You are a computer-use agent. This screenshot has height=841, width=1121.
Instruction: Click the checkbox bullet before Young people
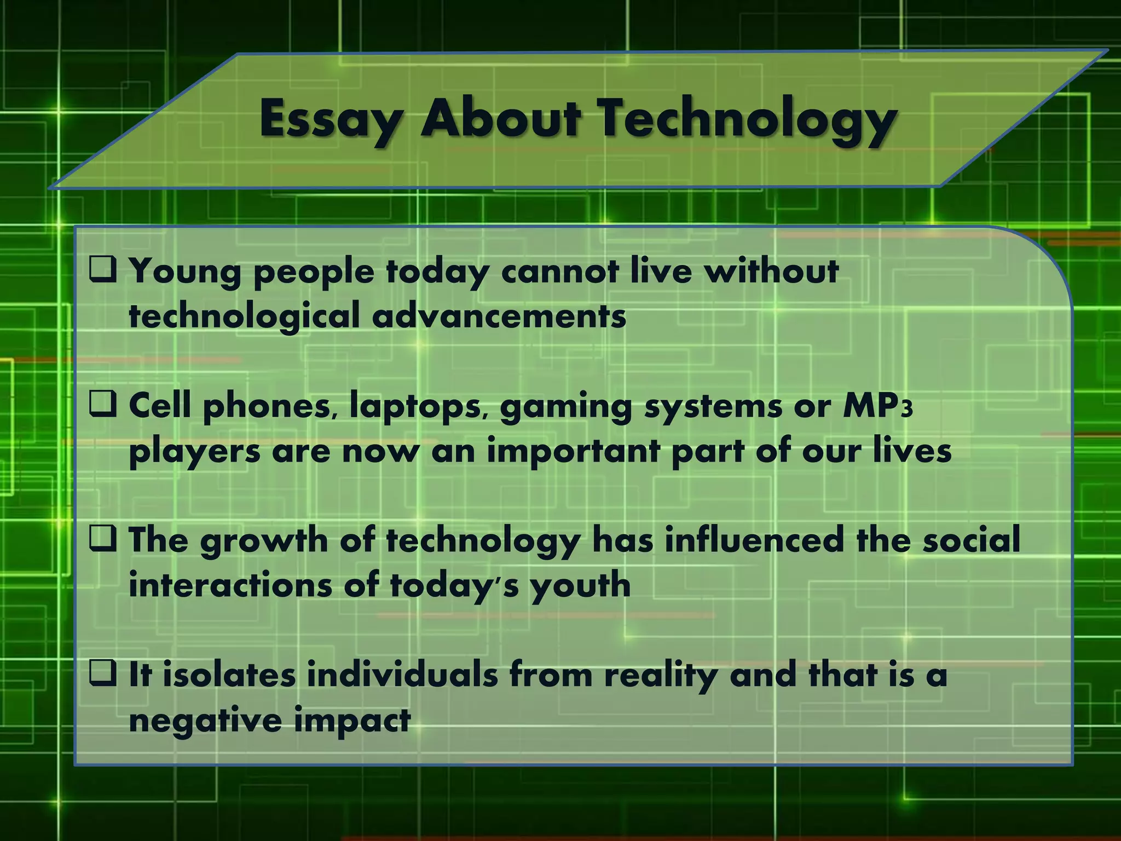[x=103, y=270]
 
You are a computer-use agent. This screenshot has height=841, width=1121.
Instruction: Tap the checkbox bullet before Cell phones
[x=103, y=405]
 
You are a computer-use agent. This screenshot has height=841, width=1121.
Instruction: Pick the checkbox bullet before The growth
[x=103, y=539]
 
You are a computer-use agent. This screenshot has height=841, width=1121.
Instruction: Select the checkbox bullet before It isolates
[x=103, y=673]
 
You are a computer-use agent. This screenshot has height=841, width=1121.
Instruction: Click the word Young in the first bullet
[x=185, y=272]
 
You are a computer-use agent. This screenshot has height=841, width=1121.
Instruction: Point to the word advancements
[x=499, y=316]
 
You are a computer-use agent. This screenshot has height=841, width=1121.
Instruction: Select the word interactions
[x=230, y=585]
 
